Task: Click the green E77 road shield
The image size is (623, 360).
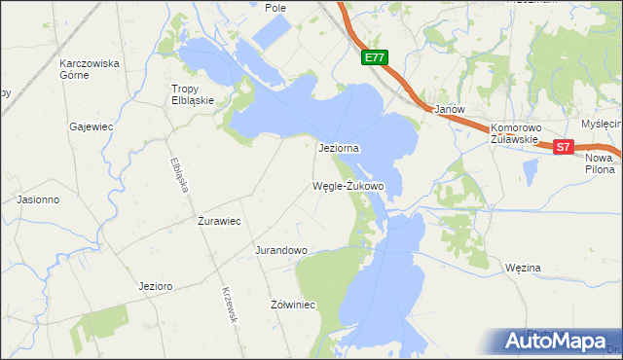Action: pyautogui.click(x=375, y=58)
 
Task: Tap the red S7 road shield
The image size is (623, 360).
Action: pyautogui.click(x=564, y=147)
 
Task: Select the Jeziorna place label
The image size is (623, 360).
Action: pyautogui.click(x=340, y=149)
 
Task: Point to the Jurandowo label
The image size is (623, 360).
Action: pyautogui.click(x=281, y=250)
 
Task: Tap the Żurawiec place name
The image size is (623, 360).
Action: pyautogui.click(x=219, y=221)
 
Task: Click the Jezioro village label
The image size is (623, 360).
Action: pyautogui.click(x=156, y=286)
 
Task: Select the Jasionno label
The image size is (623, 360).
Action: pyautogui.click(x=39, y=199)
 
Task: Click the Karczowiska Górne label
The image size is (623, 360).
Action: pyautogui.click(x=89, y=70)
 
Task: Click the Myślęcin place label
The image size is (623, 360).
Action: pyautogui.click(x=601, y=125)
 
